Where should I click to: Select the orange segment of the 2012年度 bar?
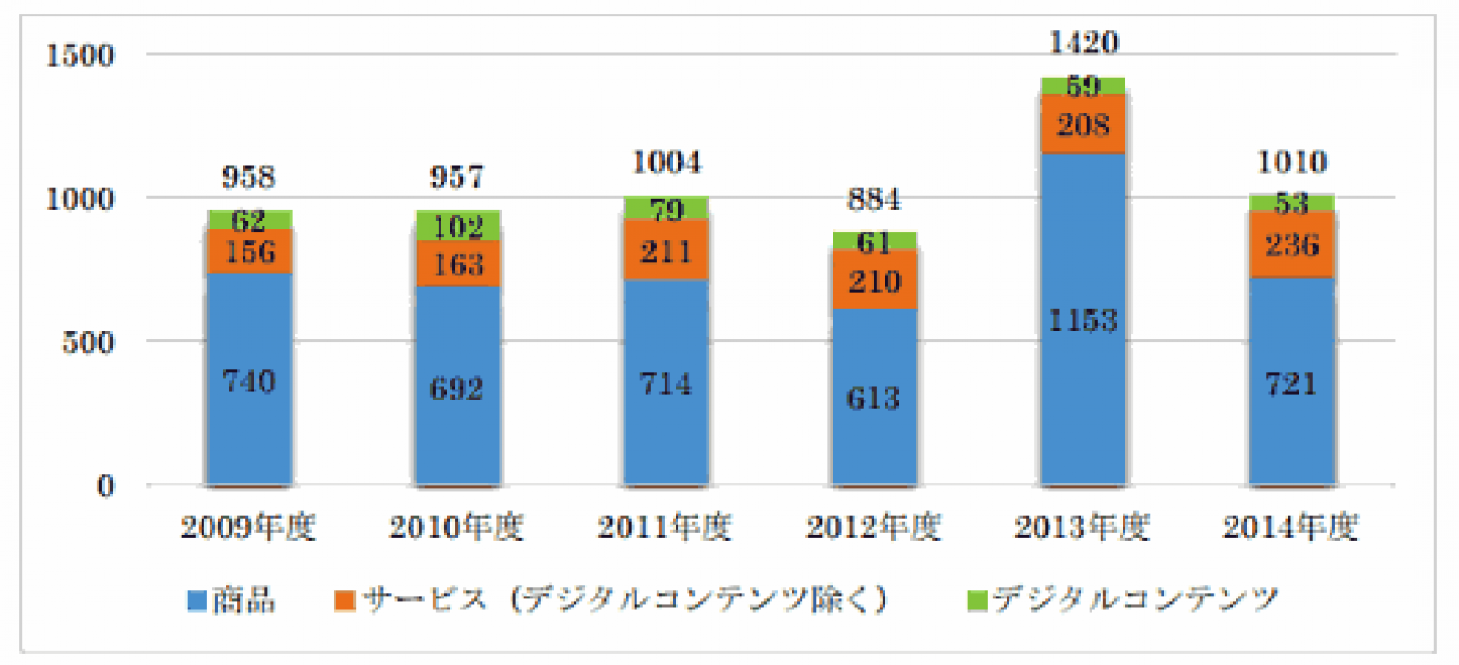[874, 281]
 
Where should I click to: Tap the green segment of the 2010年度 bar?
[458, 224]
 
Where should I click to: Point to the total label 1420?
[1083, 42]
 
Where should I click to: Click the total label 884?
[874, 199]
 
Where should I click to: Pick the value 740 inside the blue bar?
[249, 380]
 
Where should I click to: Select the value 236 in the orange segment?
[1291, 244]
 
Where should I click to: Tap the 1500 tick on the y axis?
[80, 55]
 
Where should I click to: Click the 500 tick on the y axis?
[88, 342]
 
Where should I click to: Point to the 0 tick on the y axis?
[106, 485]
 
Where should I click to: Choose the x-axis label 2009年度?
[248, 527]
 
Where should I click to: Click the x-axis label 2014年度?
[1290, 527]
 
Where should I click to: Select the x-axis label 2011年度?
[665, 527]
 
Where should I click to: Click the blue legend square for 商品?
[196, 601]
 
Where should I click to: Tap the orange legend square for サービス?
[344, 601]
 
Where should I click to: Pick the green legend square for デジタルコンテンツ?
[977, 601]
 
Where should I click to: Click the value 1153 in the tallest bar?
[1083, 320]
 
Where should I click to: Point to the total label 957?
[457, 176]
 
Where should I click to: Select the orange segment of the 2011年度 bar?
[666, 250]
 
